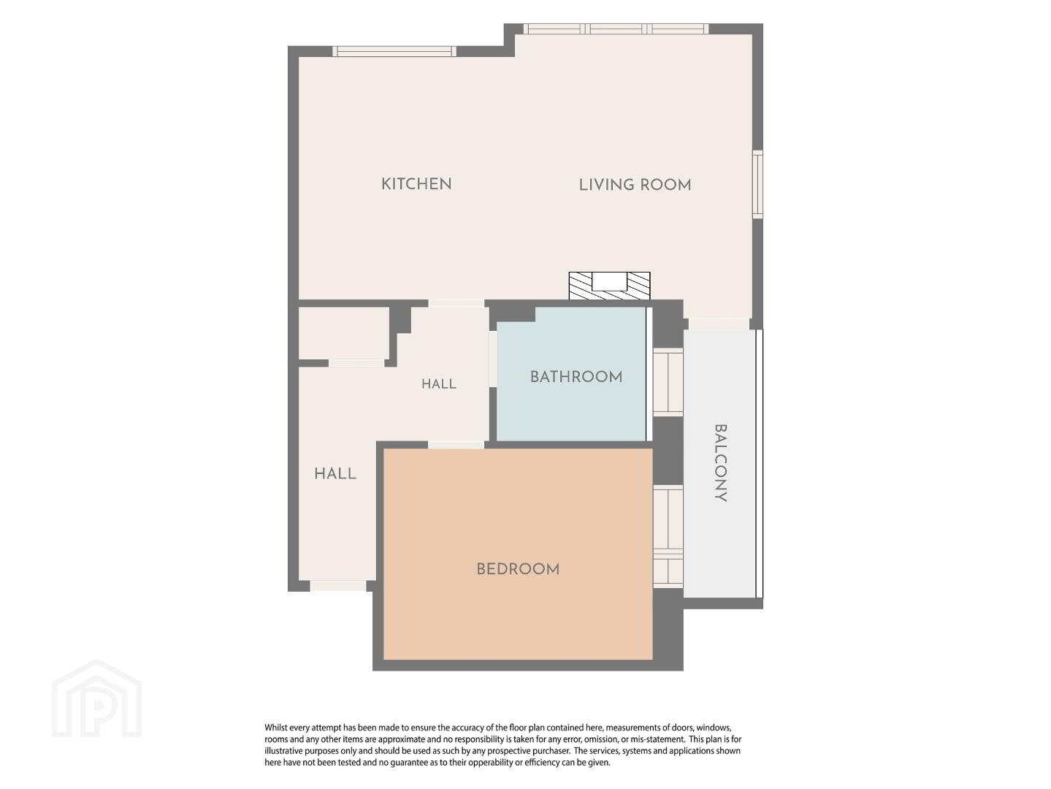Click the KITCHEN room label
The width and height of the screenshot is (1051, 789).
pyautogui.click(x=416, y=184)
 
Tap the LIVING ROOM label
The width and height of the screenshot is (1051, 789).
pyautogui.click(x=635, y=186)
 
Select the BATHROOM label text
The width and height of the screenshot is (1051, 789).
pyautogui.click(x=576, y=377)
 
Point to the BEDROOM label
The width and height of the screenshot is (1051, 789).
pyautogui.click(x=518, y=569)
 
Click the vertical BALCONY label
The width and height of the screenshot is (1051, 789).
pyautogui.click(x=721, y=463)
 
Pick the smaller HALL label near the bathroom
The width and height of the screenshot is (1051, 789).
pyautogui.click(x=439, y=384)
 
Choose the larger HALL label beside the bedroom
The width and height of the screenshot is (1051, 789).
pyautogui.click(x=335, y=474)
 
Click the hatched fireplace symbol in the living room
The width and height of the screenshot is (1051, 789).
pyautogui.click(x=609, y=286)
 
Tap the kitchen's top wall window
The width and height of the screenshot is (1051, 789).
pyautogui.click(x=394, y=51)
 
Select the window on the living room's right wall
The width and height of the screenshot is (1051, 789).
pyautogui.click(x=757, y=184)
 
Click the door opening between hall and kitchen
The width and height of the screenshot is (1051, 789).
pyautogui.click(x=456, y=303)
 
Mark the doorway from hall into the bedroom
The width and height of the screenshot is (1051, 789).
pyautogui.click(x=456, y=445)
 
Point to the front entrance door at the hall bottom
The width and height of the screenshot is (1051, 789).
pyautogui.click(x=338, y=585)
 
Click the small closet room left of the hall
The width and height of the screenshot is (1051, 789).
pyautogui.click(x=343, y=332)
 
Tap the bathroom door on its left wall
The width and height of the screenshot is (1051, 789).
pyautogui.click(x=493, y=359)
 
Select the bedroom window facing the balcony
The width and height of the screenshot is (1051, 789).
pyautogui.click(x=668, y=536)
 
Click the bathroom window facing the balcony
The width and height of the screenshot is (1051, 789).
pyautogui.click(x=668, y=382)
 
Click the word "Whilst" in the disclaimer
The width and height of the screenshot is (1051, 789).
pyautogui.click(x=276, y=728)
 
